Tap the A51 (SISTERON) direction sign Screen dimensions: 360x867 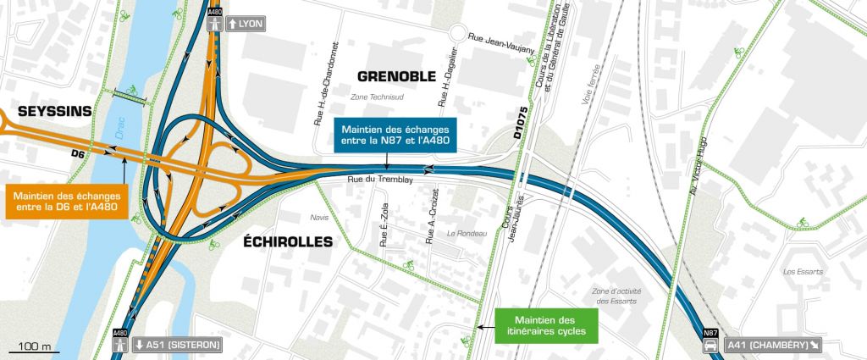coord(177,345)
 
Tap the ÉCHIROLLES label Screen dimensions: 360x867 coord(287,241)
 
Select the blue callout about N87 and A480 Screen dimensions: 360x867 coord(396,136)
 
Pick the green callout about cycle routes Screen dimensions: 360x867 coord(547,326)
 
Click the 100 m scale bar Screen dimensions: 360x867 coord(31,347)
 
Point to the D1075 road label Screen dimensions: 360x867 coord(520,123)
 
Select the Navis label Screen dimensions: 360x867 coord(319,217)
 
